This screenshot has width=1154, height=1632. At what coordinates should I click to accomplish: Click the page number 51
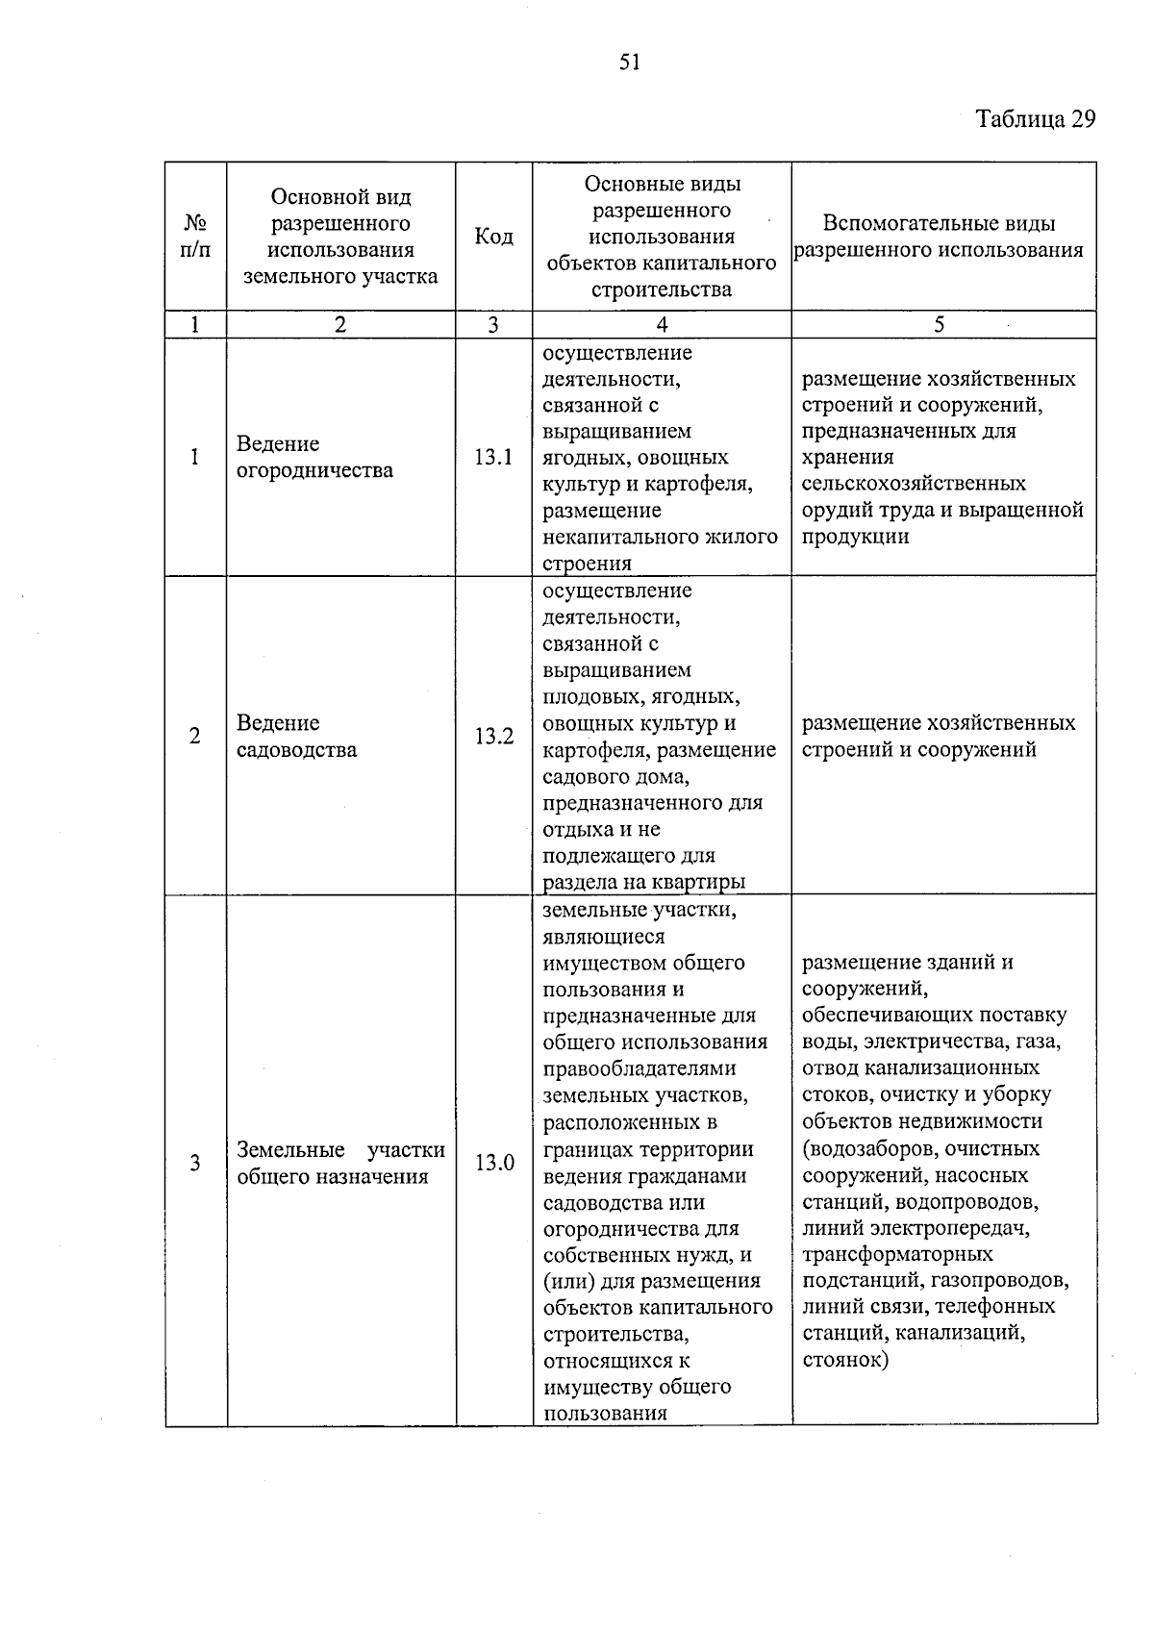630,63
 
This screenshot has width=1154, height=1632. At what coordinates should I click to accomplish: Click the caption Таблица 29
1035,118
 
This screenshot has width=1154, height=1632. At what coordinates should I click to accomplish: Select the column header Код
493,237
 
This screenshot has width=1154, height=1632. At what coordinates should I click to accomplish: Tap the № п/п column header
195,237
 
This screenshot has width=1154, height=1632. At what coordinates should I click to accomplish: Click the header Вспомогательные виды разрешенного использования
939,237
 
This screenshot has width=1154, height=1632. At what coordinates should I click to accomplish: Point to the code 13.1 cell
493,457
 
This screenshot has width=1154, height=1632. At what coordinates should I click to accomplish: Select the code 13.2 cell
493,737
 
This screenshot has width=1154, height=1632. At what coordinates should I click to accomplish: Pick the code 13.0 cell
493,1163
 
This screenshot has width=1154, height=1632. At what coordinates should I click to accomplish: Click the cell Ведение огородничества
314,457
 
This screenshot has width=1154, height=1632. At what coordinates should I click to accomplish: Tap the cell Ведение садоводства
296,737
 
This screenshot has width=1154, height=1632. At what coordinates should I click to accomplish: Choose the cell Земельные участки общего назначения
340,1163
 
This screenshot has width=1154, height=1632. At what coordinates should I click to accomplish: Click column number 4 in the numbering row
662,325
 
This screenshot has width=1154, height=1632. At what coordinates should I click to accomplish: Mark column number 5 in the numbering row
940,325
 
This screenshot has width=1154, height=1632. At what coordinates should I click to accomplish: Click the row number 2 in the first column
195,737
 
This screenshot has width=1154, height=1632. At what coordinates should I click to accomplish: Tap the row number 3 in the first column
195,1163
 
